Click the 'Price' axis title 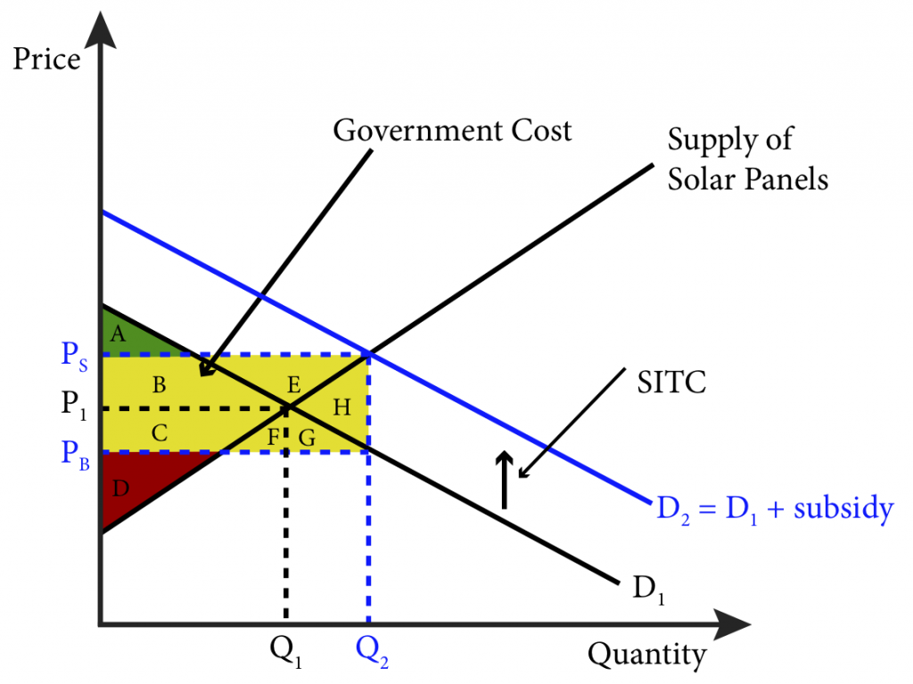[46, 58]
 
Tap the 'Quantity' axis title [647, 655]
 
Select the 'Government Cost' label [452, 130]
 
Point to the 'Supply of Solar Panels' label [748, 159]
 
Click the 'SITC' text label [671, 383]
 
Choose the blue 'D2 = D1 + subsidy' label [775, 509]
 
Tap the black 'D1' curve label [649, 589]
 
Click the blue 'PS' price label [75, 356]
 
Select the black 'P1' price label [74, 404]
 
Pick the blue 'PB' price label [75, 455]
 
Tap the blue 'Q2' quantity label [372, 651]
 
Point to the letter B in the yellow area [159, 384]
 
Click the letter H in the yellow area [341, 408]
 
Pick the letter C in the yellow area [160, 433]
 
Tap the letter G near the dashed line [307, 437]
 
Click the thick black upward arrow [505, 480]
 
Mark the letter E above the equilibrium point [294, 384]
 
